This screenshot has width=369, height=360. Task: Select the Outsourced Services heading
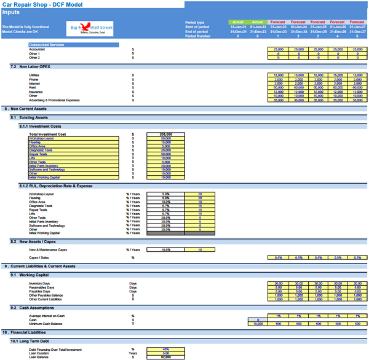tap(46, 45)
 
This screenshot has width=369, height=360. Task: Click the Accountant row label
tap(38, 49)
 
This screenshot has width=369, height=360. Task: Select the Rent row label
tap(33, 87)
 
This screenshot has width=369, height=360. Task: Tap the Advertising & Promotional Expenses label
tap(54, 100)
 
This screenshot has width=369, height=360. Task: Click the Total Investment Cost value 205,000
tap(165, 134)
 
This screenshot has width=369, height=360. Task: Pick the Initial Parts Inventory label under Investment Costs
tap(44, 165)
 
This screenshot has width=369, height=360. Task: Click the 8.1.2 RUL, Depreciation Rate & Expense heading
tap(56, 186)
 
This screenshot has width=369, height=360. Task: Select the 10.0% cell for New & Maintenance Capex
tap(165, 250)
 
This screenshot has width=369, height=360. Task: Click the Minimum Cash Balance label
tap(46, 323)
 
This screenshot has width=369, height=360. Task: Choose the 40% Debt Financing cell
tap(165, 349)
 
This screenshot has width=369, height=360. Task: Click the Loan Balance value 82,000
tap(165, 356)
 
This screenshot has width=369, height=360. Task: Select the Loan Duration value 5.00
tap(165, 353)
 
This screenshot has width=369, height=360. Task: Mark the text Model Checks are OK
tap(20, 31)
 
